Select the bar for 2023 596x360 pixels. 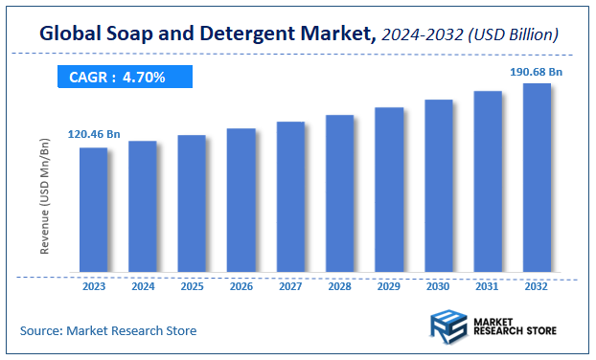pos(93,210)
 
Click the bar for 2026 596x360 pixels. pos(241,200)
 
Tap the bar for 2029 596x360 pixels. pos(389,190)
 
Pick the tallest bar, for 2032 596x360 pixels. pos(537,177)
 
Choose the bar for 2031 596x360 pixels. pos(488,181)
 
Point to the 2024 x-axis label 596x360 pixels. pos(143,285)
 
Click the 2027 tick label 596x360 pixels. pos(290,285)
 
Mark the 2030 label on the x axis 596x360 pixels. pos(438,285)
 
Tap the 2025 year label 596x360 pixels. pos(192,285)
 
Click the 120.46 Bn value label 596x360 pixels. pos(94,135)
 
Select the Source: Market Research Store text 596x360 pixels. pos(108,330)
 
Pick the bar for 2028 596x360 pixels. pos(340,193)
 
